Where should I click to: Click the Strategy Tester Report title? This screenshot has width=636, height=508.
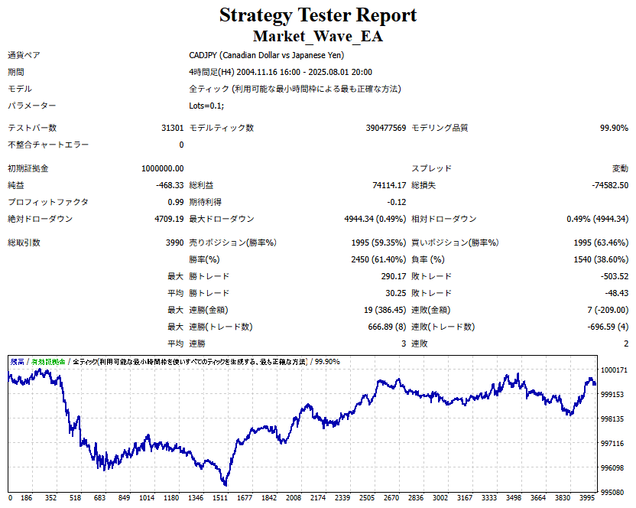click(318, 15)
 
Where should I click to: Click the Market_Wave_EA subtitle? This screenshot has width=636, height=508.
click(318, 36)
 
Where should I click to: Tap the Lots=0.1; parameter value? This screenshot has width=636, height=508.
click(206, 106)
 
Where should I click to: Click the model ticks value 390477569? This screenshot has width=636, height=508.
click(386, 128)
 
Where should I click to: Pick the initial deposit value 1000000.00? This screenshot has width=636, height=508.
click(163, 168)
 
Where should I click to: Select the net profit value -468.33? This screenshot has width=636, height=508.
click(170, 185)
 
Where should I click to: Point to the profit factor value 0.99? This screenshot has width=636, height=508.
click(176, 202)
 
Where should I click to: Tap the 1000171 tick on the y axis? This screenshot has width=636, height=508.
click(613, 370)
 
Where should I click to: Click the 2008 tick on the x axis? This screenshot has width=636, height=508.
click(294, 498)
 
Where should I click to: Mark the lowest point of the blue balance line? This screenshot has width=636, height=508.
click(225, 485)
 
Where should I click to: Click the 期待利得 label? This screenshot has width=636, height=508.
click(206, 202)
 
